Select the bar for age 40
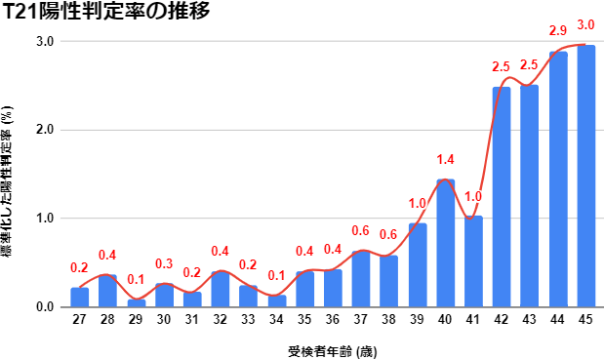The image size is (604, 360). pyautogui.click(x=445, y=244)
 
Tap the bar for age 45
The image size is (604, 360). pyautogui.click(x=586, y=176)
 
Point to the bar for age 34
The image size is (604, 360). pyautogui.click(x=276, y=301)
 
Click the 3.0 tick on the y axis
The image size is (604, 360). pyautogui.click(x=44, y=41)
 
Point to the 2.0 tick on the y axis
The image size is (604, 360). pyautogui.click(x=44, y=130)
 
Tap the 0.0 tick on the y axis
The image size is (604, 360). pyautogui.click(x=44, y=307)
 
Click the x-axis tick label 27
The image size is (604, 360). pyautogui.click(x=79, y=319)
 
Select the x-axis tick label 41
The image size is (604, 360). pyautogui.click(x=473, y=319)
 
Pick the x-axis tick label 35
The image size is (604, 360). pyautogui.click(x=304, y=319)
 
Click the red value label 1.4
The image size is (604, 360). pyautogui.click(x=445, y=160)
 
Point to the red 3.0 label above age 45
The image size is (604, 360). pyautogui.click(x=586, y=24)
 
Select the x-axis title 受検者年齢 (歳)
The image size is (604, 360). pyautogui.click(x=333, y=348)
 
